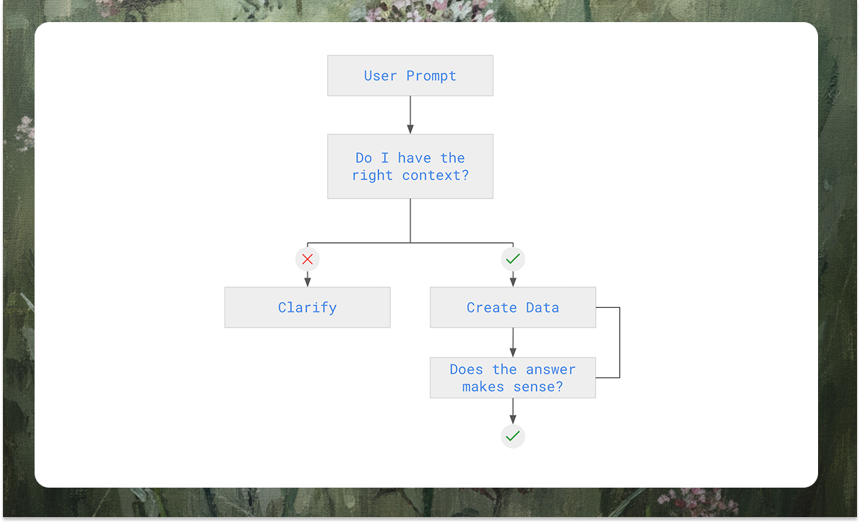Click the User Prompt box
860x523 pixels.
pos(410,75)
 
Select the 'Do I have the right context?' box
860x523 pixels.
pos(410,166)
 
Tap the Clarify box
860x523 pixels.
pos(307,307)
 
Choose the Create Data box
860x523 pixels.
pos(513,307)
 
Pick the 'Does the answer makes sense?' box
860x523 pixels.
pos(513,378)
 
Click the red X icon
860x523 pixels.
pos(308,259)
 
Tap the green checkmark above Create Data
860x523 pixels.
pos(513,259)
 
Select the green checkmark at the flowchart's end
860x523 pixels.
pos(513,436)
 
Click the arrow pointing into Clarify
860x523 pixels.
pos(308,279)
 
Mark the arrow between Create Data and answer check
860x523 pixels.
pos(513,343)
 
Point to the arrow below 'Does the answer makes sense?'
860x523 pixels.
pos(513,411)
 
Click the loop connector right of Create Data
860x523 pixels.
pos(619,343)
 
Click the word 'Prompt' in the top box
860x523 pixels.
pos(431,76)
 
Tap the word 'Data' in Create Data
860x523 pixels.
pos(543,308)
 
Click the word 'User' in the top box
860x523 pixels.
pos(380,76)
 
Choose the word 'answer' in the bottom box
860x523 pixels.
pos(550,370)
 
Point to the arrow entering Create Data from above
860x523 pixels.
pos(513,279)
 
